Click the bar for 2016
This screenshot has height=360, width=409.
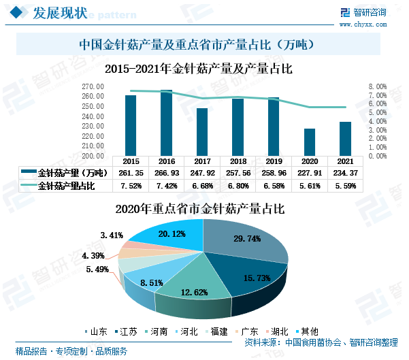(x=166, y=122)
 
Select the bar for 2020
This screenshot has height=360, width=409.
(x=310, y=142)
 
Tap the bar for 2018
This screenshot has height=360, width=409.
(x=238, y=127)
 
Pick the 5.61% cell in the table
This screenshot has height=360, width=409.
(x=310, y=185)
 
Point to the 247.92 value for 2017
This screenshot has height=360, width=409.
(x=202, y=172)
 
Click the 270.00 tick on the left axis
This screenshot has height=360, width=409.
(x=93, y=87)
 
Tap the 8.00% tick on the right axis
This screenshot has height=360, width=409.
(x=378, y=87)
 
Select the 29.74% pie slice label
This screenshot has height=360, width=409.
(x=247, y=239)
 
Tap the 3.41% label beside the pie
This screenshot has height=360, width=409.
(x=111, y=235)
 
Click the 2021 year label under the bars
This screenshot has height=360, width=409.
(x=345, y=161)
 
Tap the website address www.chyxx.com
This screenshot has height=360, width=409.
(x=371, y=24)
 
